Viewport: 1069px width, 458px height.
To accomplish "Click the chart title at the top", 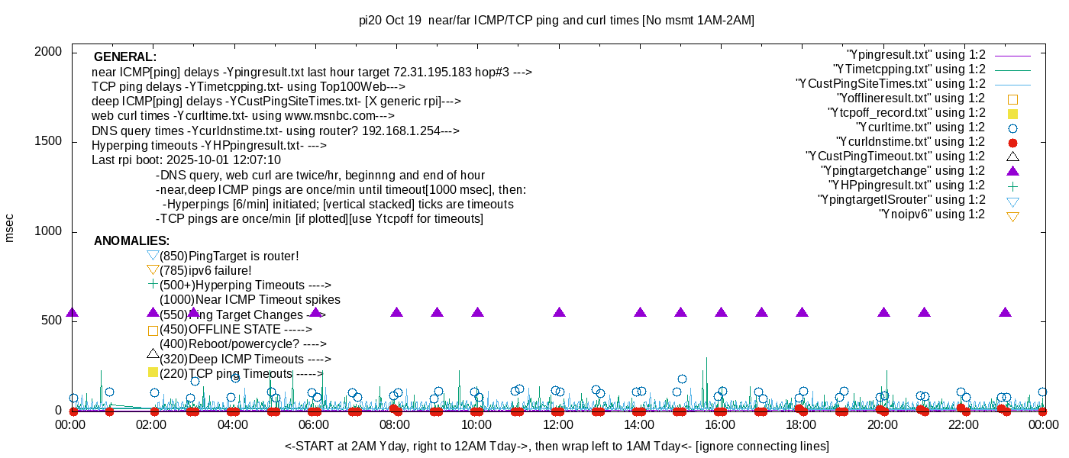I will point(556,21).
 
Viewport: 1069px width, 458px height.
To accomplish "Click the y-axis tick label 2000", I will point(47,51).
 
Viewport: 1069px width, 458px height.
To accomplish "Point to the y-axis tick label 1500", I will point(47,141).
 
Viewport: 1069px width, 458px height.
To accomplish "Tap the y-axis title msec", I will point(10,227).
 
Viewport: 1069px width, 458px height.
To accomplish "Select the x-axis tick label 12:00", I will point(558,424).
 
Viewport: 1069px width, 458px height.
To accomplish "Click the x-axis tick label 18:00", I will point(801,424).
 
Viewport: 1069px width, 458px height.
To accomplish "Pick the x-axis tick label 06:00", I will point(315,424).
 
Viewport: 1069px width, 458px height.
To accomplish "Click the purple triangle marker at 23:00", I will point(1005,312).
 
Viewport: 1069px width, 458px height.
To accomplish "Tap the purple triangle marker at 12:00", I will point(559,312).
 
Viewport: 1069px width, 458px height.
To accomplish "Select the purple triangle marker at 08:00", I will point(397,312).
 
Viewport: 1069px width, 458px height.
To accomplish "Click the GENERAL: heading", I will point(124,57).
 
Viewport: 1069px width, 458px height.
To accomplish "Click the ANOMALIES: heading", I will point(131,241).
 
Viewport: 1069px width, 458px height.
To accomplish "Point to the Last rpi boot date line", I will point(186,160).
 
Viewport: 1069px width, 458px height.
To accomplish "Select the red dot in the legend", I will point(1013,143).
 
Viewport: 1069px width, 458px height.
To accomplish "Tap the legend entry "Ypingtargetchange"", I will point(903,170).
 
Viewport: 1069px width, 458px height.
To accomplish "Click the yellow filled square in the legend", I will point(1013,113).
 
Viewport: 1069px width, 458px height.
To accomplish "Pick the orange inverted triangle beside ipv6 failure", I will point(153,269).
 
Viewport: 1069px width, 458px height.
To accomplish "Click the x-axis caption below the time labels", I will point(557,446).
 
